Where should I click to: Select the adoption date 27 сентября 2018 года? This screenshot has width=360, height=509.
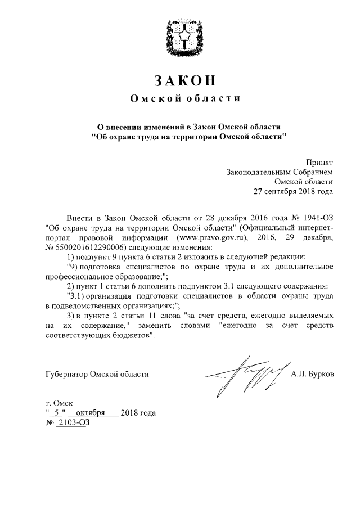[293, 191]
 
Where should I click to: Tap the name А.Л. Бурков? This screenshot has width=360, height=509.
[312, 373]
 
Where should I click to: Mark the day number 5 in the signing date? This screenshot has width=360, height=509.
[57, 413]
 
